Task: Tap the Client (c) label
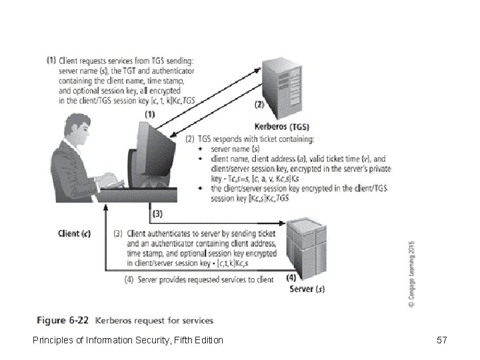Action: [74, 234]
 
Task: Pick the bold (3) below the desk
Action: [157, 214]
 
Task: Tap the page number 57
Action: [441, 341]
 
